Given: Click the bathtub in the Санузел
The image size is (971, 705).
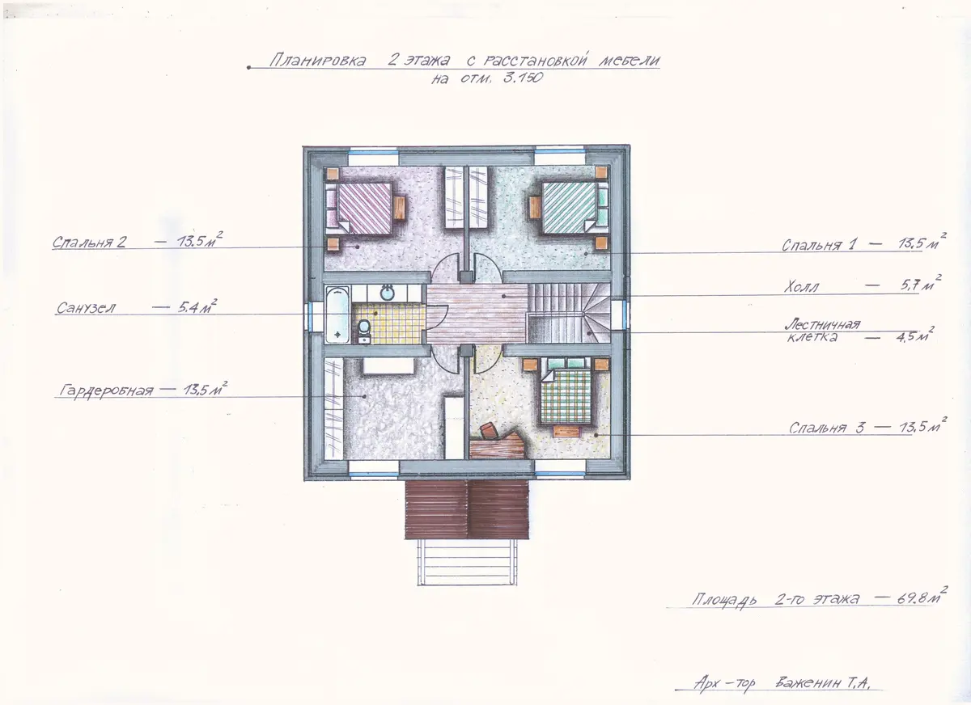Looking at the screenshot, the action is (x=337, y=315).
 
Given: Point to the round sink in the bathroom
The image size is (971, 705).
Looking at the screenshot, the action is (x=387, y=293).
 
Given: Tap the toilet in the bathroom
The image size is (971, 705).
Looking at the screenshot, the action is (x=364, y=330).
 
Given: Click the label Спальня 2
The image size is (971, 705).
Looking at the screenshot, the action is (x=89, y=242).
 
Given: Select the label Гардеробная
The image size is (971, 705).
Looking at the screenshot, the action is (x=106, y=390).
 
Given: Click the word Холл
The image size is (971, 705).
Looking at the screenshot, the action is (x=801, y=287).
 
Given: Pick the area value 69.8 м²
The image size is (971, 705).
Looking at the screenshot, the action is (x=918, y=598).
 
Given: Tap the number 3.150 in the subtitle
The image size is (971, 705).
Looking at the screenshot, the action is (x=524, y=78).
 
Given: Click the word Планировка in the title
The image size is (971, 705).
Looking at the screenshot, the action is (x=317, y=60).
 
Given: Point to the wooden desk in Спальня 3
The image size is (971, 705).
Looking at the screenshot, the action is (x=498, y=443).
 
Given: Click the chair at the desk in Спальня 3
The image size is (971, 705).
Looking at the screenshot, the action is (x=490, y=430).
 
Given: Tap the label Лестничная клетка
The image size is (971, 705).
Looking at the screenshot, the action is (x=822, y=331).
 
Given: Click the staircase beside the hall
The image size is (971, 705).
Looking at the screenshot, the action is (x=569, y=314).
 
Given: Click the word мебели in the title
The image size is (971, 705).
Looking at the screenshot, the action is (x=630, y=60).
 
